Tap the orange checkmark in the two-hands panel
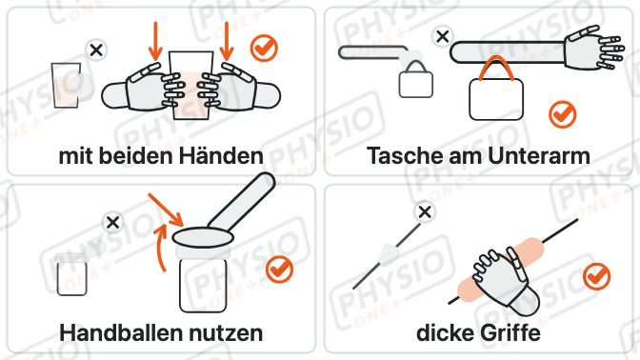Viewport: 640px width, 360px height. coord(264,49)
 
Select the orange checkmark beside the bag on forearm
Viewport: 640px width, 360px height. coord(563,114)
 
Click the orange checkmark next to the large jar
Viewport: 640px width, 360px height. coord(280,270)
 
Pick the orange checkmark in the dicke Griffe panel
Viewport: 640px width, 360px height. coord(597,276)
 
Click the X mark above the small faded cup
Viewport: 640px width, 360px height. coord(96,50)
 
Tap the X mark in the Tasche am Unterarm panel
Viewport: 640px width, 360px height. coord(443,37)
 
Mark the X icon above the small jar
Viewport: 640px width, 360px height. coord(112,223)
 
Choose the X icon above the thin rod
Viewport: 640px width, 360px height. coord(425,212)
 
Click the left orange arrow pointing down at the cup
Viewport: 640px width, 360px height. coord(155,41)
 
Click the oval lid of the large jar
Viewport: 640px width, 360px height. coord(203,238)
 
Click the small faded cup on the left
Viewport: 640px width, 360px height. coord(66,86)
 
